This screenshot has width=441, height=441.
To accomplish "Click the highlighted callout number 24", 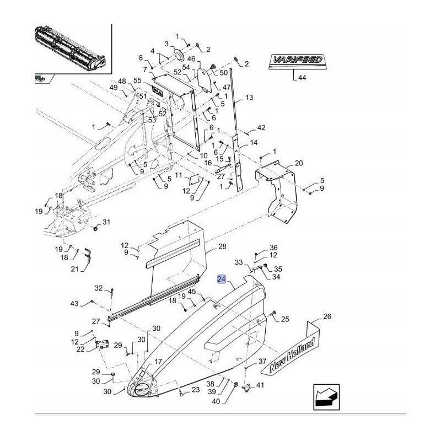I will [221, 279].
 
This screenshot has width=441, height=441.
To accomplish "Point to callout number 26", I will [327, 317].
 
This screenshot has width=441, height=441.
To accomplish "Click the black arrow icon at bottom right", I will [325, 397].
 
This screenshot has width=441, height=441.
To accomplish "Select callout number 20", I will [299, 163].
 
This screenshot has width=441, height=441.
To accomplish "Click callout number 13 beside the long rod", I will [249, 98].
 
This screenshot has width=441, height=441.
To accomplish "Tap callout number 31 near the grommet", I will [106, 222].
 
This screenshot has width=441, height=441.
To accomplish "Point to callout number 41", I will [260, 386].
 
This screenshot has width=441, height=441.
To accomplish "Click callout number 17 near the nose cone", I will [158, 362].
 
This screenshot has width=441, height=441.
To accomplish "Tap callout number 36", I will [273, 248].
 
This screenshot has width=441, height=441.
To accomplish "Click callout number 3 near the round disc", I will [165, 44].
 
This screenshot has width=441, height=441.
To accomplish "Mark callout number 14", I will [254, 142].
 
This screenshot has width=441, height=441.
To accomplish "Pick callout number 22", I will [80, 348].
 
